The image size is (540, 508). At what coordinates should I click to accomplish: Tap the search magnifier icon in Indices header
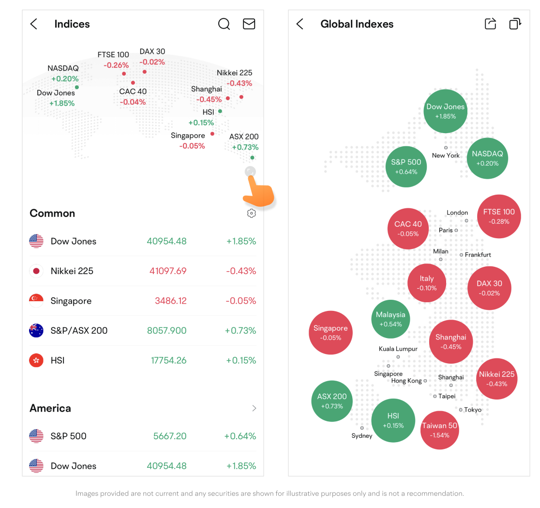[x=224, y=24]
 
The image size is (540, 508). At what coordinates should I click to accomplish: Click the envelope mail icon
[x=249, y=24]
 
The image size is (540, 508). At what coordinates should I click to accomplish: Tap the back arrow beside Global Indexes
[x=300, y=24]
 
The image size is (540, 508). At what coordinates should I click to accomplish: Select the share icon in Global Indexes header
[x=490, y=24]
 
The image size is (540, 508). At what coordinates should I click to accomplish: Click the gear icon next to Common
[x=251, y=213]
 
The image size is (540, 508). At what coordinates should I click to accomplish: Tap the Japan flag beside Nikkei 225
[x=36, y=271]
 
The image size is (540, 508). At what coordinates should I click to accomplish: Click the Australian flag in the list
[x=36, y=331]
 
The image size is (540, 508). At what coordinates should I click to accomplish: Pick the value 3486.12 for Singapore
[x=170, y=301]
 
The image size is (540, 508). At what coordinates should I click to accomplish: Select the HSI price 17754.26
[x=168, y=360]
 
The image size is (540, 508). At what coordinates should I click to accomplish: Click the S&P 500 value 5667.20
[x=169, y=436]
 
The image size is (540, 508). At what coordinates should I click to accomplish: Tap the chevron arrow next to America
[x=254, y=408]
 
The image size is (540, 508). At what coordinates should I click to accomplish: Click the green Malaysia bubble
[x=390, y=319]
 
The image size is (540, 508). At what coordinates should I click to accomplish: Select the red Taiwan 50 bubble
[x=439, y=430]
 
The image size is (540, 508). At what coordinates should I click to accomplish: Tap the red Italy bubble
[x=427, y=283]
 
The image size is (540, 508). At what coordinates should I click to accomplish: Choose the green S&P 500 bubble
[x=406, y=167]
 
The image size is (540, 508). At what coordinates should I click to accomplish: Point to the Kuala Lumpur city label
[x=398, y=349]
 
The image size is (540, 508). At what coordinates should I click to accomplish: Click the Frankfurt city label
[x=478, y=255]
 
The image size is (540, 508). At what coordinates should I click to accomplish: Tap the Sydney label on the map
[x=362, y=436]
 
